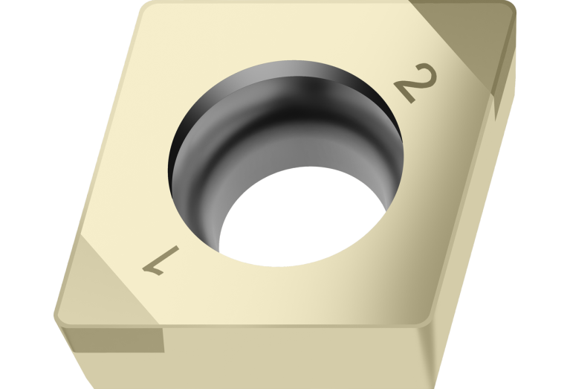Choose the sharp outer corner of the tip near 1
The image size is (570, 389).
click(x=58, y=316)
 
